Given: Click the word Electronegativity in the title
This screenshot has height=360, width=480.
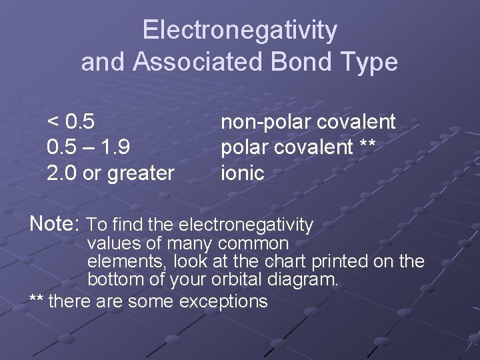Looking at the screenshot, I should coord(240,31).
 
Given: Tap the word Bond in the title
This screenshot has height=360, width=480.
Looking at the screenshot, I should coord(295,62).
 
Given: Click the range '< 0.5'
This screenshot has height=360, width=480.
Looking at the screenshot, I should coord(71,122).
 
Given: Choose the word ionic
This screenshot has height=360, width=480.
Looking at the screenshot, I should coord(243,173).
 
